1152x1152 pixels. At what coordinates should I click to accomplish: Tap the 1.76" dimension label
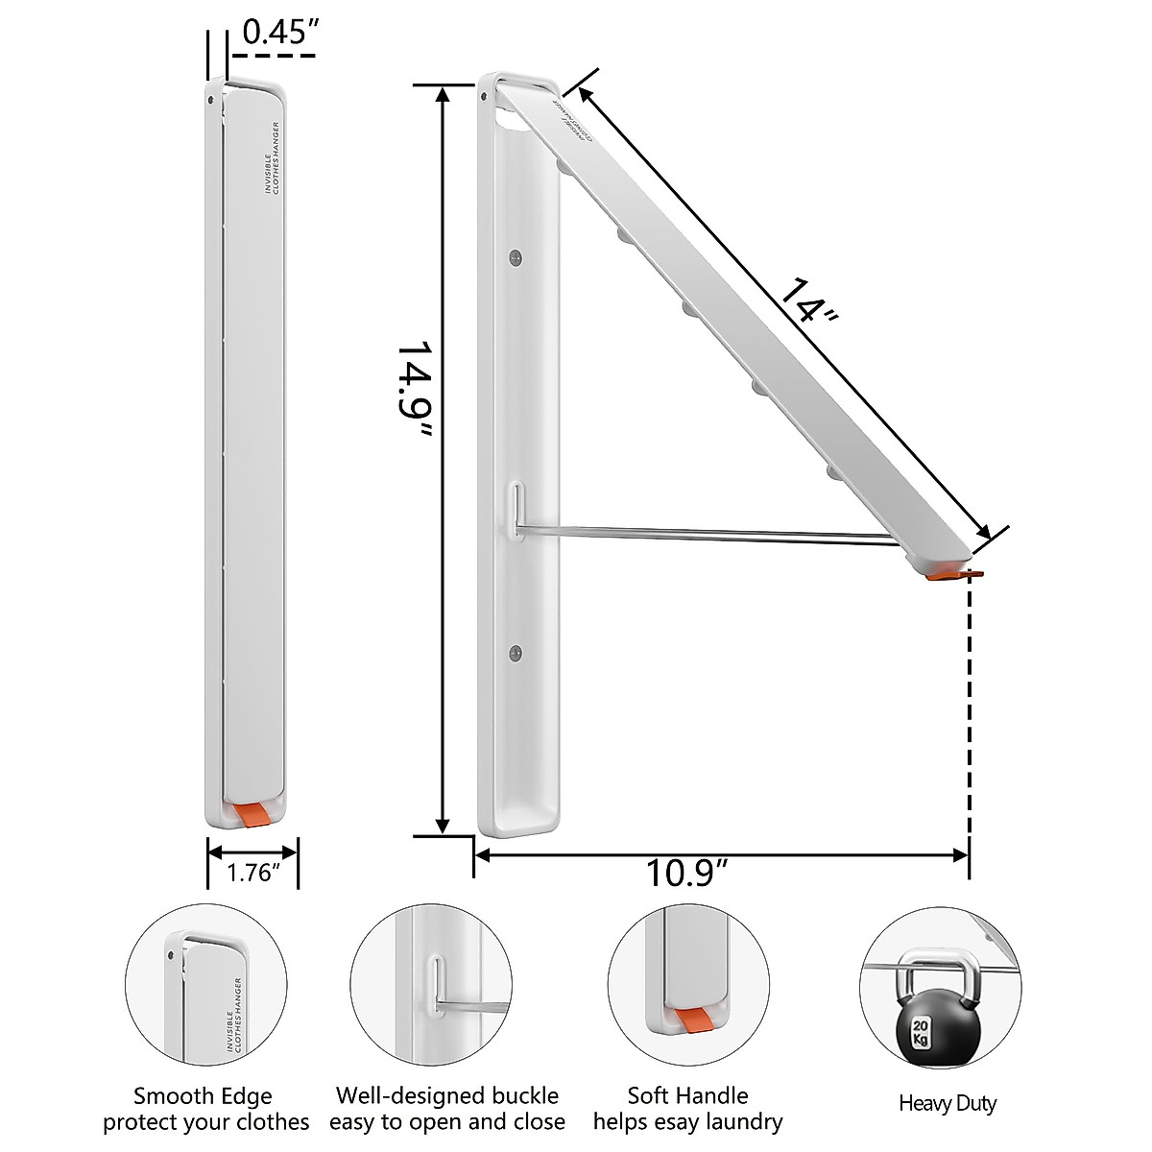pos(252,873)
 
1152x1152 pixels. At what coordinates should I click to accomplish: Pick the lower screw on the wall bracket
pos(516,654)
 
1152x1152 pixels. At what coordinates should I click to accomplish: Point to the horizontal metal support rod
pos(710,533)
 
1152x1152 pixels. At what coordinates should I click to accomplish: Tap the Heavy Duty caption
pos(947,1103)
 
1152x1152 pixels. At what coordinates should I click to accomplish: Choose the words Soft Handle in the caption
pos(687,1095)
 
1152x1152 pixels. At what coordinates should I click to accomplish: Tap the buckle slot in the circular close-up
pos(437,982)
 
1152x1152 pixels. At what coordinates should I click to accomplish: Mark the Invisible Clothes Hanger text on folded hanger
pos(272,158)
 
